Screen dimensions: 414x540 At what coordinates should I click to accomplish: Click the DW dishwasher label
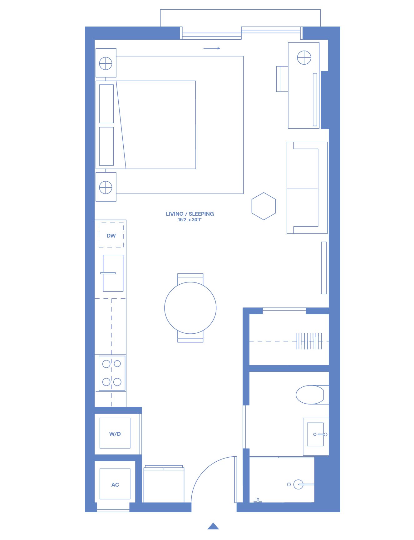click(111, 236)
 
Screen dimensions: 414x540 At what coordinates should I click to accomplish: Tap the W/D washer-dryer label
click(115, 434)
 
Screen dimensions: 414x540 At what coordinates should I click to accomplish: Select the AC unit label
click(115, 485)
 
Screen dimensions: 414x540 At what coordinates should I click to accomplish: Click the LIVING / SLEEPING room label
click(190, 214)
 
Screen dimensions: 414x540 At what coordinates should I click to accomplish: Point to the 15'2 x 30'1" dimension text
click(190, 220)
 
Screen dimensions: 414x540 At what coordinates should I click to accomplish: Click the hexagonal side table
click(264, 206)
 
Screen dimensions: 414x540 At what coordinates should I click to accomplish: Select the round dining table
click(190, 308)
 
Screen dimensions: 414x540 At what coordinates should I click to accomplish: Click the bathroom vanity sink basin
click(315, 434)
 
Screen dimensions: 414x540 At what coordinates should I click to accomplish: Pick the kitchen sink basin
click(113, 273)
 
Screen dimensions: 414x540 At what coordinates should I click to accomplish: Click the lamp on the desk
click(304, 58)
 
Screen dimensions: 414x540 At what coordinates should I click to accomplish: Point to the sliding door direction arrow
click(212, 48)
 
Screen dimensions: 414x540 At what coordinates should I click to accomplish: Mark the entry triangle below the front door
click(213, 526)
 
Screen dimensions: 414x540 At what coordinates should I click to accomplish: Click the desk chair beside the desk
click(282, 79)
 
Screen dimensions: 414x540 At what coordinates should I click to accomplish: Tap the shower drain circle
click(289, 484)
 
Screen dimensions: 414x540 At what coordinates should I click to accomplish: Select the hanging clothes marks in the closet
click(309, 341)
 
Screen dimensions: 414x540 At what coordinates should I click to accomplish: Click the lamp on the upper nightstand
click(106, 64)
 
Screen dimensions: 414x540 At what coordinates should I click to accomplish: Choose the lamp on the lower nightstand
click(106, 188)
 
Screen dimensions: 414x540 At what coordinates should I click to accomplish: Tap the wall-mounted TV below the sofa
click(324, 268)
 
